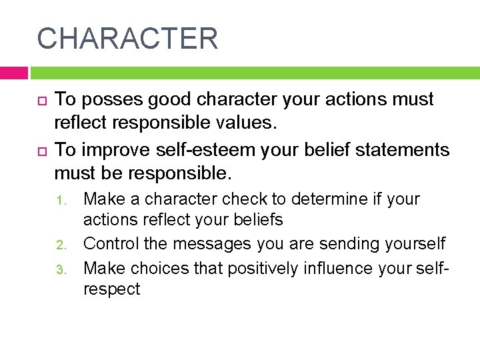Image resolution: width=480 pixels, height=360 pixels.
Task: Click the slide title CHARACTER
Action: click(x=127, y=38)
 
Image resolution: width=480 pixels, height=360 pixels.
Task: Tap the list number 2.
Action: click(x=59, y=245)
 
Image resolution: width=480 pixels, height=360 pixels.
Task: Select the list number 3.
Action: click(x=59, y=269)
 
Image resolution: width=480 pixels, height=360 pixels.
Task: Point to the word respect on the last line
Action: click(x=112, y=289)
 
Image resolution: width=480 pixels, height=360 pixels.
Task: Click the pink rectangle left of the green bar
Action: click(x=13, y=73)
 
